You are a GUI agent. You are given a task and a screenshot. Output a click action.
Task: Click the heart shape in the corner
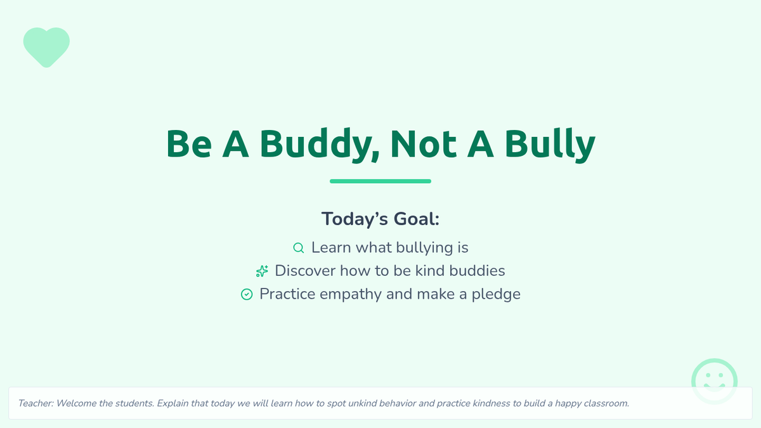pos(46,47)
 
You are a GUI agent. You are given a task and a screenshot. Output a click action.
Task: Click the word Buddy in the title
pos(320,145)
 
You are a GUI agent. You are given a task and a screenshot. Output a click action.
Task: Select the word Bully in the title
pos(550,145)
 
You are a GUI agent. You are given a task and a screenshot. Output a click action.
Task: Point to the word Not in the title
pos(424,144)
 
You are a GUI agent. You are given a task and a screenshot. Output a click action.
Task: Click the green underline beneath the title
pos(380,181)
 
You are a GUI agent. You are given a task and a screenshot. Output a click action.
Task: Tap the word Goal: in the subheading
pos(417,219)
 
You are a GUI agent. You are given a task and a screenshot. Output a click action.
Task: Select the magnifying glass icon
pos(299,248)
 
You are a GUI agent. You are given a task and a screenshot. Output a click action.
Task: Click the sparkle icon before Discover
pos(262,271)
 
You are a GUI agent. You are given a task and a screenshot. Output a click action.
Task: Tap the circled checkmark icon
pos(247,294)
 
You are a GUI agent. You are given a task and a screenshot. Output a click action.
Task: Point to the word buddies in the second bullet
pos(477,271)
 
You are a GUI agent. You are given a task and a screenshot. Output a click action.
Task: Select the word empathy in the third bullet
pos(351,294)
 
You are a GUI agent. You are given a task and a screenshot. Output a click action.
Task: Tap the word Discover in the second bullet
pos(305,271)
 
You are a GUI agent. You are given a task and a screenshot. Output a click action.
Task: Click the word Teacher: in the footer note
pos(36,403)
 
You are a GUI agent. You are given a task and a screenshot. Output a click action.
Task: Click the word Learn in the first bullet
pos(331,248)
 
